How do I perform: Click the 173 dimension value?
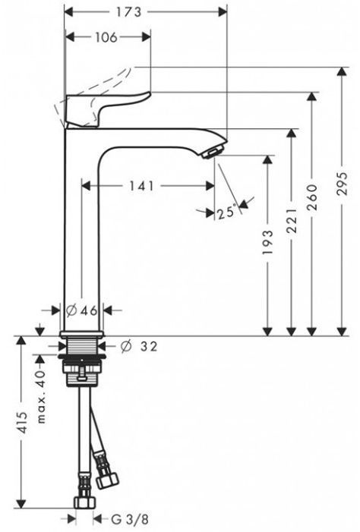pos(128,12)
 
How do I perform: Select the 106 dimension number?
pos(106,37)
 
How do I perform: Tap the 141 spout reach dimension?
pos(141,186)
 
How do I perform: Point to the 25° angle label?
pos(226,212)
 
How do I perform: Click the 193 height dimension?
pos(268,242)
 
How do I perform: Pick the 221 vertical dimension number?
pos(292,221)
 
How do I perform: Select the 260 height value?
pos(312,197)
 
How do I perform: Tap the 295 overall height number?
pos(342,184)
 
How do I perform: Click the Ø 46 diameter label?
pos(81,310)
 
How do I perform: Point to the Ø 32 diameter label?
pos(139,346)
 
